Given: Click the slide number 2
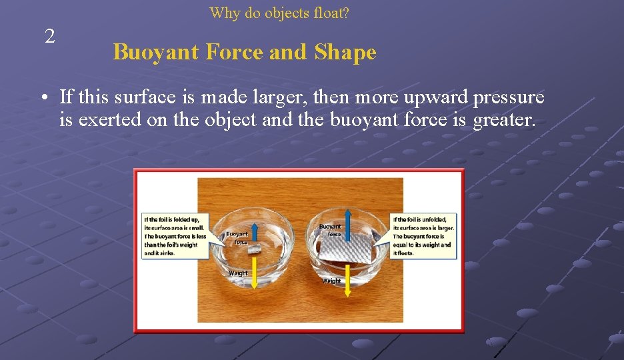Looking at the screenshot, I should [49, 37].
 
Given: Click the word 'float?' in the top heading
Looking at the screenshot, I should [330, 13].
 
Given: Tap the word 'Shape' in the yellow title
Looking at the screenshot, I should [345, 52].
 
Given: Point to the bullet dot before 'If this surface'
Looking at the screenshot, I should [42, 99].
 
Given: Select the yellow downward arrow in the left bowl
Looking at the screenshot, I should [253, 273].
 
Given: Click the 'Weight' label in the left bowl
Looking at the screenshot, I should [238, 273].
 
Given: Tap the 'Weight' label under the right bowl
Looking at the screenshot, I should [331, 281].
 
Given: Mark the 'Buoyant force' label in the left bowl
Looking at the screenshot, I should [237, 238].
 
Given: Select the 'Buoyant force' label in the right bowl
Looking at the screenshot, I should [330, 231].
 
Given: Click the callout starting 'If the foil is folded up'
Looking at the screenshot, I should [175, 236].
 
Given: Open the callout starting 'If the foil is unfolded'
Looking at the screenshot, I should [423, 236].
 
